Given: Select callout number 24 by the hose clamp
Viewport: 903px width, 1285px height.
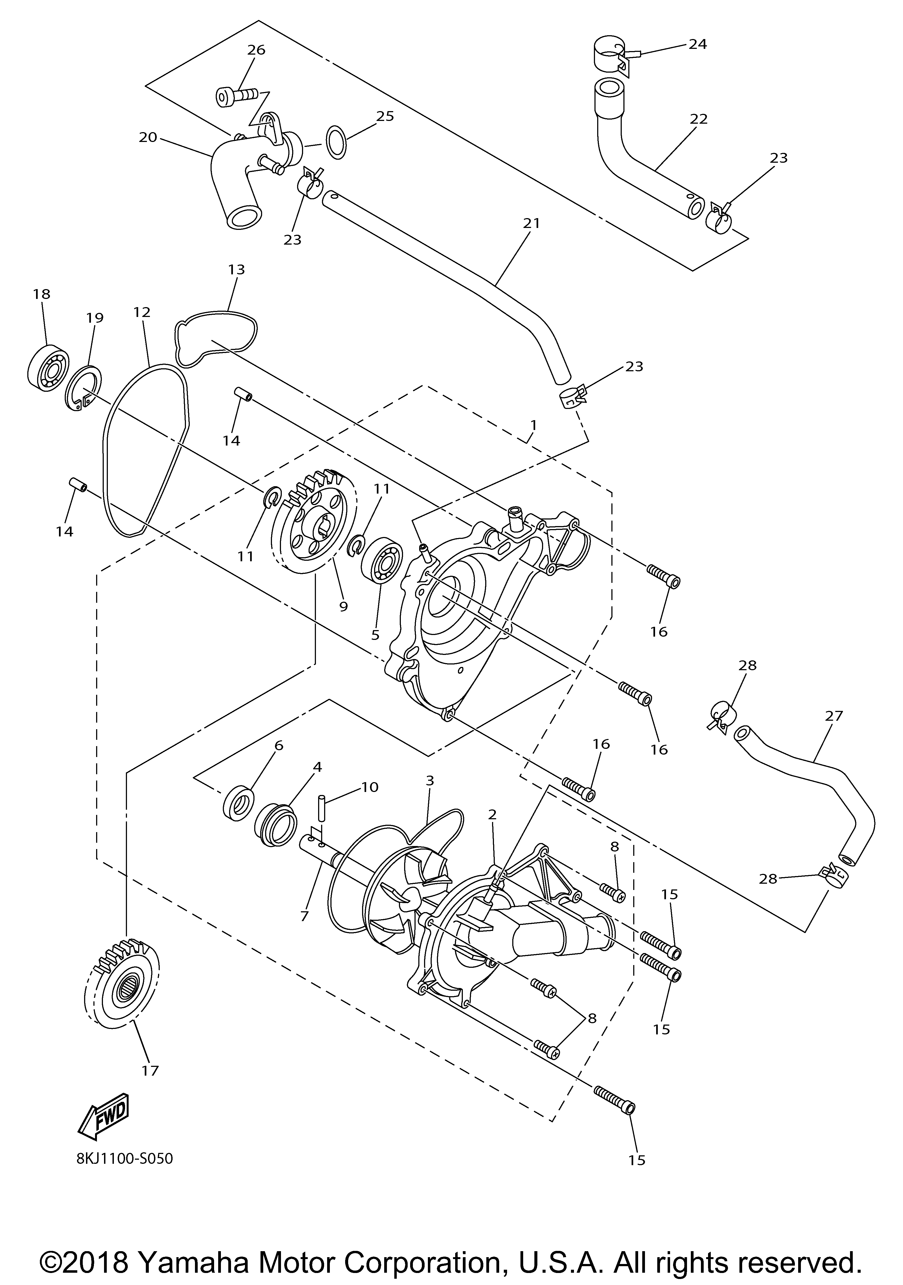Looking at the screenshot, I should (x=698, y=44).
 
